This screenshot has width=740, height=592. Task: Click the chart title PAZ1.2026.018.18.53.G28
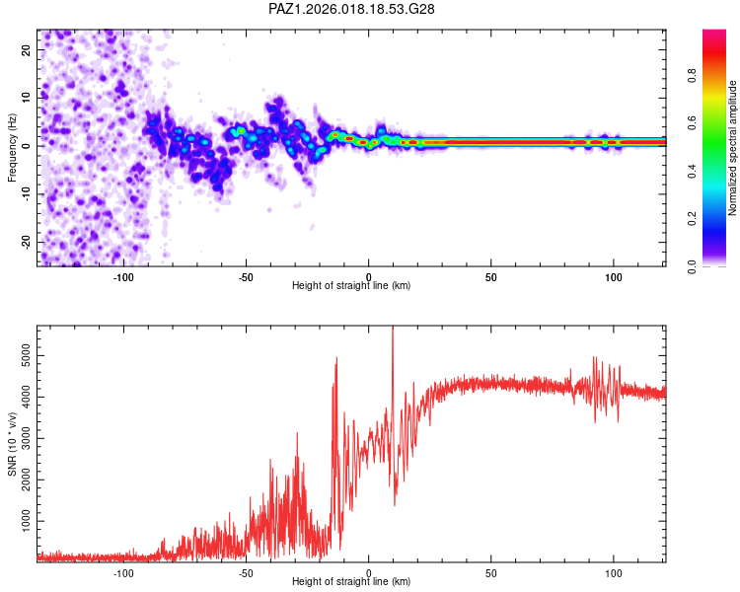352,9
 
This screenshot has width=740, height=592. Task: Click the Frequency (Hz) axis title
12,148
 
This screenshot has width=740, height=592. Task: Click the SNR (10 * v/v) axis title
12,444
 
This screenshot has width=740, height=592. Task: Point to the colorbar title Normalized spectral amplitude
733,148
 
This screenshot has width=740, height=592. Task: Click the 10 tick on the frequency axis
27,98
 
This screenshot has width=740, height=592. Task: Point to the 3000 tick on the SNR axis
22,434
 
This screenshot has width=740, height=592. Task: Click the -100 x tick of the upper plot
123,277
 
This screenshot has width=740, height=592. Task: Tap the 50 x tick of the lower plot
491,573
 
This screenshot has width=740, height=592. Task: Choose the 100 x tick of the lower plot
614,573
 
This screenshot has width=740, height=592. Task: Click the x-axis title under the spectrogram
352,287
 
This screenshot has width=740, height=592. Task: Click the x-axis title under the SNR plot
352,583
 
